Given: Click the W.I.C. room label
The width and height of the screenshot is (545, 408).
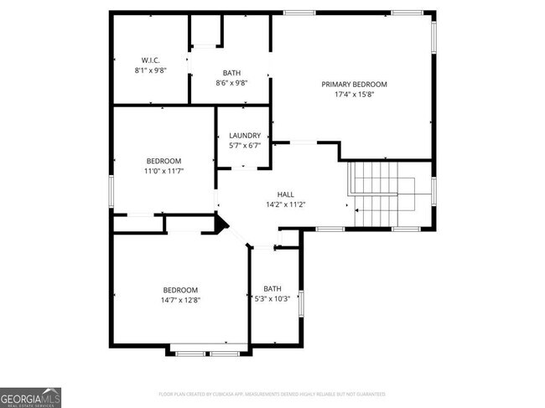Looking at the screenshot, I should (x=151, y=59).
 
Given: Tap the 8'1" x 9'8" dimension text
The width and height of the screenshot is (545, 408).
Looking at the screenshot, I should (x=151, y=70).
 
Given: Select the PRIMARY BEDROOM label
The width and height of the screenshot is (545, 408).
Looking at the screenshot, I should (x=354, y=84).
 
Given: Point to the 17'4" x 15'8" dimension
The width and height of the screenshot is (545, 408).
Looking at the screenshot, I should (x=354, y=95).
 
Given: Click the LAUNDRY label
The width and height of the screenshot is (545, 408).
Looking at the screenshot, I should (x=245, y=135).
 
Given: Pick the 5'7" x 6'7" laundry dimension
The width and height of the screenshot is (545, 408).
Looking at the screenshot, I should (x=245, y=146).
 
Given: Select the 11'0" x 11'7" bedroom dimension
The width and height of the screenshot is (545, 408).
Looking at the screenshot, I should (x=163, y=171).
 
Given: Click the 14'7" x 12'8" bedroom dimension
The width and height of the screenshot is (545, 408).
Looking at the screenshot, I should (x=180, y=300).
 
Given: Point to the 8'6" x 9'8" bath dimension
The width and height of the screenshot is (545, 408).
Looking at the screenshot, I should (x=231, y=83).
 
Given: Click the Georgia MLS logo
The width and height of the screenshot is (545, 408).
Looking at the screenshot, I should (x=31, y=396).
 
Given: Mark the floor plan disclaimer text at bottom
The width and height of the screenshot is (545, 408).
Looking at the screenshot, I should (x=272, y=394).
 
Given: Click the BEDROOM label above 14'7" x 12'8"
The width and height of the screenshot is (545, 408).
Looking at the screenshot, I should (x=180, y=289).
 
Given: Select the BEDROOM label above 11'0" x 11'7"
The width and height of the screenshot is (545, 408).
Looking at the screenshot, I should (x=163, y=161).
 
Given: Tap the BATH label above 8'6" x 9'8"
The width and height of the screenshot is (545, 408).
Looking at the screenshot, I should (x=231, y=73).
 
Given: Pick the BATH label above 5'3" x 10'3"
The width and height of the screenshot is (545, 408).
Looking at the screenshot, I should (x=272, y=288).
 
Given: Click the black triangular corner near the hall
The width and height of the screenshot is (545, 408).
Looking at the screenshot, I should (x=221, y=224).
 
